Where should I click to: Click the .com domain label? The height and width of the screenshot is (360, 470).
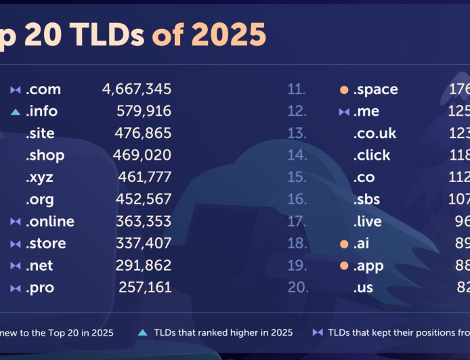[x=43, y=89]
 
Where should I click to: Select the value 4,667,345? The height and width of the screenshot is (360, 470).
[x=137, y=89]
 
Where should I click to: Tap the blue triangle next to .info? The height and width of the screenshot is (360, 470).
[x=16, y=111]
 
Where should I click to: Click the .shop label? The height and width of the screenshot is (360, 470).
[x=45, y=155]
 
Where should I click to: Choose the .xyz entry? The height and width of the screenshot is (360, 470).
[x=40, y=177]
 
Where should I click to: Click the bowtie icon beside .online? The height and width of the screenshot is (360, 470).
[x=16, y=221]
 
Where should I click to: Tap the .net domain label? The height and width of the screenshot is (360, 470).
[x=40, y=265]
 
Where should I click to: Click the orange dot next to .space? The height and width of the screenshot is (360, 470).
[x=344, y=89]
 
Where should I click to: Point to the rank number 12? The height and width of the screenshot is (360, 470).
[x=297, y=111]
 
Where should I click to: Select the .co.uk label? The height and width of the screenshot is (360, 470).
[x=375, y=133]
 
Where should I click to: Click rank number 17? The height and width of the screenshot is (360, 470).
[x=297, y=221]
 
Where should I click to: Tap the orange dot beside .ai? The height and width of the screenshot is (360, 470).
[x=344, y=244]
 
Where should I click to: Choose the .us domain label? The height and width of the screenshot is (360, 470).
[x=363, y=288]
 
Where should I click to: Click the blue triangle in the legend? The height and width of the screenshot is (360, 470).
[x=142, y=332]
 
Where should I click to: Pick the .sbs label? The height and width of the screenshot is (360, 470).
[x=367, y=200]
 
